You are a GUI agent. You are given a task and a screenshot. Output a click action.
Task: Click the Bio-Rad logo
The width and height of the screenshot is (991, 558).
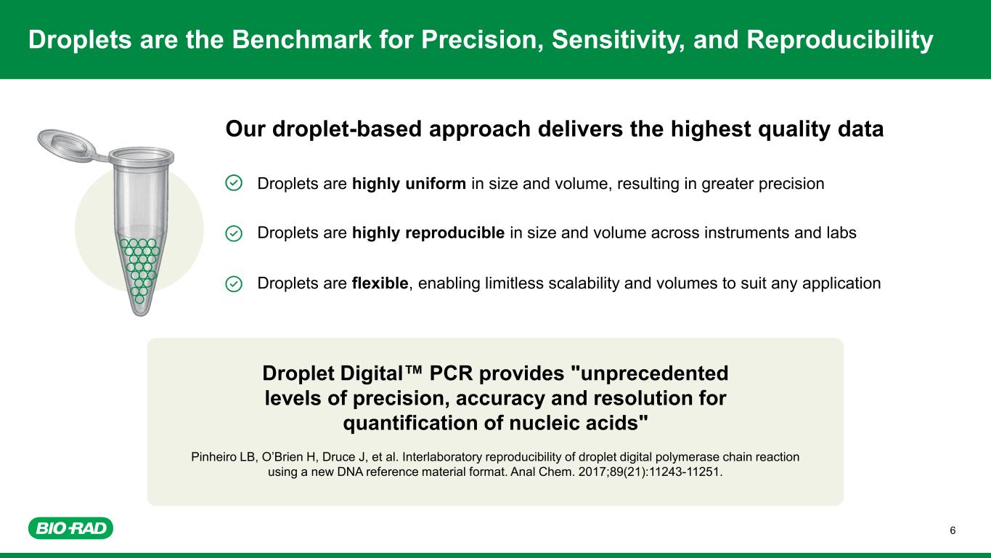click(71, 528)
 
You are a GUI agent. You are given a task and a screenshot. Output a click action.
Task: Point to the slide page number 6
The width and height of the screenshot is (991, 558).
click(953, 530)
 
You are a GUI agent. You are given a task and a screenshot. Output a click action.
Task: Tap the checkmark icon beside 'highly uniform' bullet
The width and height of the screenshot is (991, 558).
click(234, 183)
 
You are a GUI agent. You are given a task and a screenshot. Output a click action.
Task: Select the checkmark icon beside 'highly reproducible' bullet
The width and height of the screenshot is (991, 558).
click(234, 233)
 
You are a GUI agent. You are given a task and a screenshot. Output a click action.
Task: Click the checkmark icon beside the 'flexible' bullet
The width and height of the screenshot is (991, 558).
click(234, 284)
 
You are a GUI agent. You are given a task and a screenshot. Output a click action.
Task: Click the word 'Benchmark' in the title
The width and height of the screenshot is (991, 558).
click(302, 39)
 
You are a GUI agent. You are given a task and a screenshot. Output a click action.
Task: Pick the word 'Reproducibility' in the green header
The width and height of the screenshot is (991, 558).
click(840, 40)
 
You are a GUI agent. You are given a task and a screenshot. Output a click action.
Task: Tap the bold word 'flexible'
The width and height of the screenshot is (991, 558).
click(380, 283)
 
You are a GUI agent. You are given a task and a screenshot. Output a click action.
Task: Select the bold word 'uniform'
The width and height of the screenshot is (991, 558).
click(436, 183)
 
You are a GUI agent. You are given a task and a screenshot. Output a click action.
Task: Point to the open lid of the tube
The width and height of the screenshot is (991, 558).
click(66, 144)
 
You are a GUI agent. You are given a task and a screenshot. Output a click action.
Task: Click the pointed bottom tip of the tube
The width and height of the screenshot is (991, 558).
click(140, 312)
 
